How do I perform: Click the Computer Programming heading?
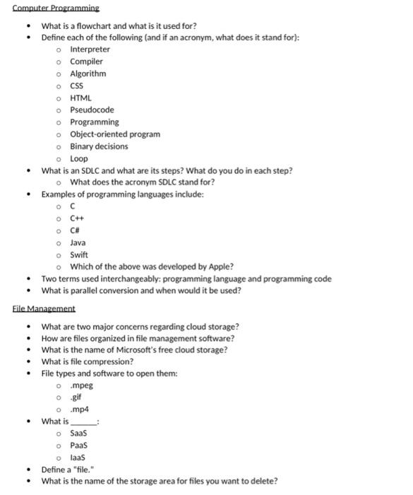point(56,8)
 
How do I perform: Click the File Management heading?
point(44,309)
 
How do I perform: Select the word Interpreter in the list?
point(90,49)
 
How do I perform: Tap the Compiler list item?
point(86,62)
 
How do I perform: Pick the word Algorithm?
point(88,74)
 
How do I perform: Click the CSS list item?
point(76,86)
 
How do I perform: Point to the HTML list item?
point(80,98)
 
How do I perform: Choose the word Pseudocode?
point(92,110)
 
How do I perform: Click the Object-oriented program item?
point(115,134)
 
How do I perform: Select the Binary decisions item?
point(99,146)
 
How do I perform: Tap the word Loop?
point(79,158)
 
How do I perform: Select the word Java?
point(78,243)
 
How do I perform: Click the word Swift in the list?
point(79,255)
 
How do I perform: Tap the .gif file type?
point(77,397)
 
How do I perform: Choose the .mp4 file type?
point(79,409)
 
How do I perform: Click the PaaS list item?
point(79,445)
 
